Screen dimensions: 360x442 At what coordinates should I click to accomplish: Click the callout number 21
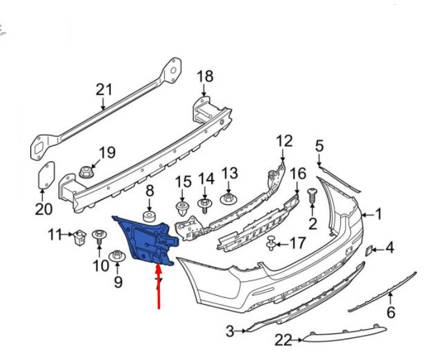pos(104,90)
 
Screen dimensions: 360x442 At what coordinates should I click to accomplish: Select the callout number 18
pos(205,76)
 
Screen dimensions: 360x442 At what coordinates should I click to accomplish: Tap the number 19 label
pos(107,153)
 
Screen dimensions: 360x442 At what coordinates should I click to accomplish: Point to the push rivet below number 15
pos(183,210)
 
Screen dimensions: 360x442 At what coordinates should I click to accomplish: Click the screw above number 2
pos(312,196)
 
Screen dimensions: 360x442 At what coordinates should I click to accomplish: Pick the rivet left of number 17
pos(272,244)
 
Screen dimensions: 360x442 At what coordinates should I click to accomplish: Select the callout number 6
pos(391,313)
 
